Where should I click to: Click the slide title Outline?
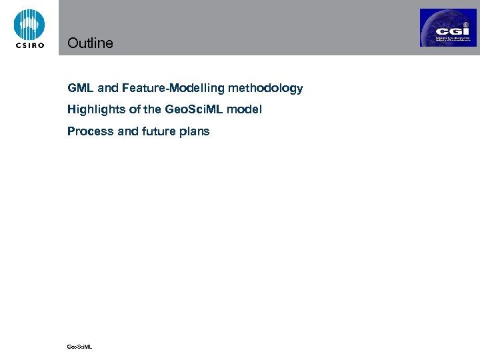coord(90,43)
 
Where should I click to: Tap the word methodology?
coord(265,88)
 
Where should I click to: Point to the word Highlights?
coord(93,109)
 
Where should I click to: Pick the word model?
coord(245,109)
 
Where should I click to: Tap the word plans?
coord(195,131)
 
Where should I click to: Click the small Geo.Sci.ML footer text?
coord(79,347)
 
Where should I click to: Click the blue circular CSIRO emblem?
coord(29,24)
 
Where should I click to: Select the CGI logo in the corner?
coord(448,27)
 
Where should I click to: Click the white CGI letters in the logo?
coord(448,31)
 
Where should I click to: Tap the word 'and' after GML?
coord(107,88)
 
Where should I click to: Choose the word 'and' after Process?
coord(127,131)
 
